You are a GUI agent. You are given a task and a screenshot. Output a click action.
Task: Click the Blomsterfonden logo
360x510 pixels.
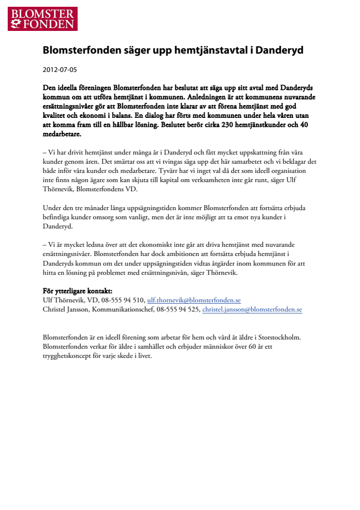[x=42, y=19]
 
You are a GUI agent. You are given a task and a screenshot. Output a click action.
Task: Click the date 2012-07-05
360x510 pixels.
[x=60, y=70]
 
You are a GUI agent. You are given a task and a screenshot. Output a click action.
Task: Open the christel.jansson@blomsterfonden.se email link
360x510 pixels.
[x=252, y=309]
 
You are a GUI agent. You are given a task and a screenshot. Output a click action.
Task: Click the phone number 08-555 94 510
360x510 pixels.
[x=126, y=300]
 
